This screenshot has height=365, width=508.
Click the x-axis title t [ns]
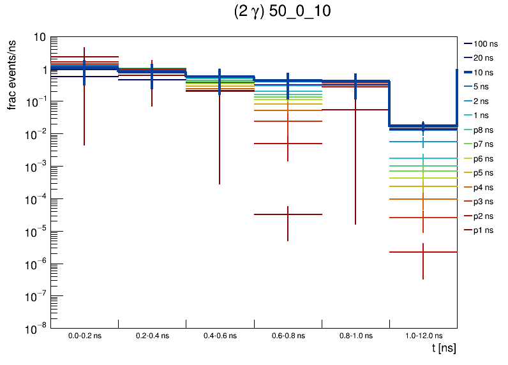(444, 348)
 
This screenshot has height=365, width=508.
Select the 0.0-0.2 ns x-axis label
(84, 336)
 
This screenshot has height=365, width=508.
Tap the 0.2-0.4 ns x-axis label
(152, 336)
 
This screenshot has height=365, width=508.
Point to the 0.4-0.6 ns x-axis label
(220, 336)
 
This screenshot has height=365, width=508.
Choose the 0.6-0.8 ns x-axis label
(288, 336)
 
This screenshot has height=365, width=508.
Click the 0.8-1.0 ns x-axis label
(355, 336)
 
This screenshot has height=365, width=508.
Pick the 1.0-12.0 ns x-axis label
(423, 336)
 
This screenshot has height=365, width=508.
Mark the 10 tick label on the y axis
(39, 37)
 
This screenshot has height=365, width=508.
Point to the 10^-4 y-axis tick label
(35, 199)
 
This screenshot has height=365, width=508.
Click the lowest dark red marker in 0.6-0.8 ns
(288, 214)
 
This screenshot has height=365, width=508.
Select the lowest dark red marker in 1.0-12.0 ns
(423, 252)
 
